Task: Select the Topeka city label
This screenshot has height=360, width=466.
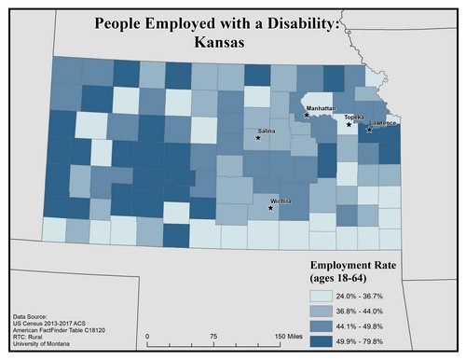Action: pos(354,117)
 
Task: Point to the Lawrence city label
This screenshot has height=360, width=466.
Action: pos(382,123)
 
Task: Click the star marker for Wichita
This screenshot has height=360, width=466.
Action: pos(270,208)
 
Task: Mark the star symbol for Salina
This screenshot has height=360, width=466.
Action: pos(258,139)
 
